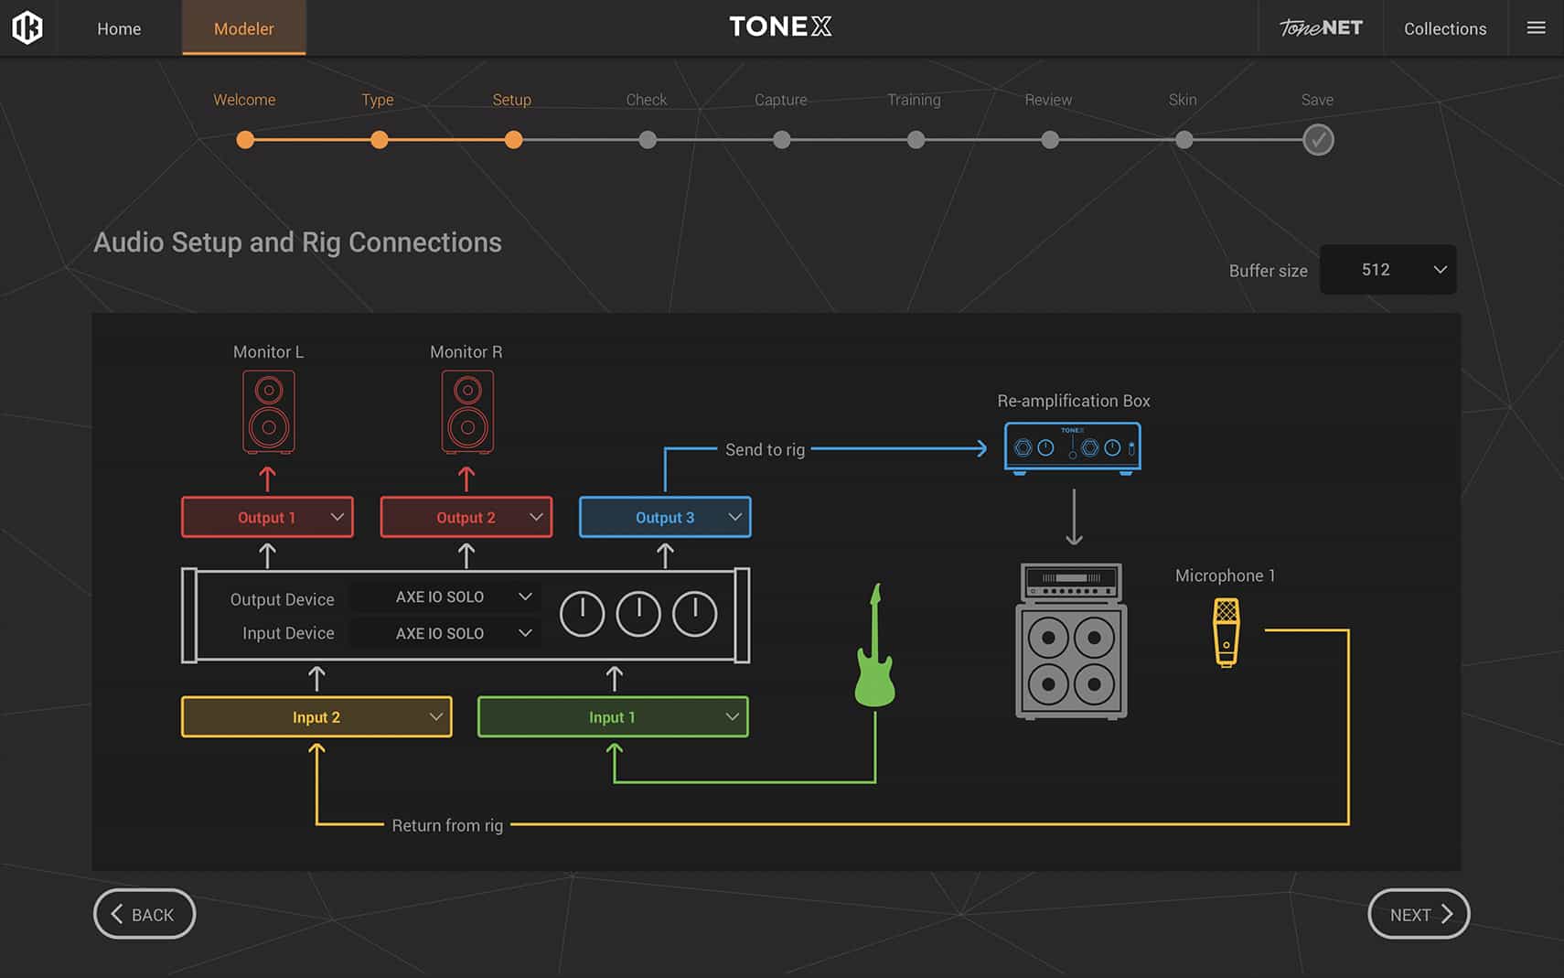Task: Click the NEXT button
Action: [1418, 914]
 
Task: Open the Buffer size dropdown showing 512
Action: [1388, 270]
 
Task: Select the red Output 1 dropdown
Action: [267, 517]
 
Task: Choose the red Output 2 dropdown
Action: [466, 517]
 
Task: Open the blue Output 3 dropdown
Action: [666, 517]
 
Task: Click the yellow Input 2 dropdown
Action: [316, 716]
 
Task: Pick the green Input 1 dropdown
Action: [613, 716]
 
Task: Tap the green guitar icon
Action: [875, 646]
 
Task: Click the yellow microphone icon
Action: [1227, 632]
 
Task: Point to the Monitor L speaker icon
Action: [269, 413]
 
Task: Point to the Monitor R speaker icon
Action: [467, 413]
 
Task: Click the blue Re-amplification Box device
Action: [1073, 447]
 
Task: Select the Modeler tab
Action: [243, 28]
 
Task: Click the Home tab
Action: [119, 28]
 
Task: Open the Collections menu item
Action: [1445, 28]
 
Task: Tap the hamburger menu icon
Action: [1536, 27]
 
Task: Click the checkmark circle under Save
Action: [1318, 140]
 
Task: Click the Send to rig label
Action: [766, 450]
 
